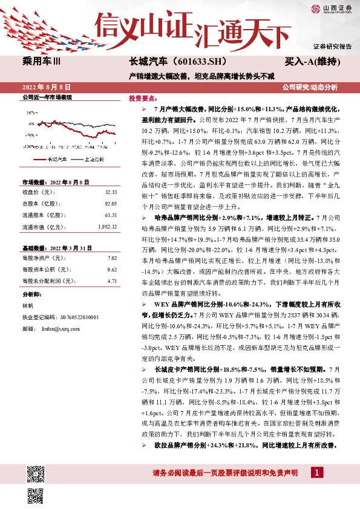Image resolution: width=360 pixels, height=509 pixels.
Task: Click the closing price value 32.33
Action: (111, 192)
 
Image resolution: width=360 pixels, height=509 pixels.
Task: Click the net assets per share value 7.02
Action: (112, 258)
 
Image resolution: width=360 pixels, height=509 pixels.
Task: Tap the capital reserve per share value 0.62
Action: (112, 270)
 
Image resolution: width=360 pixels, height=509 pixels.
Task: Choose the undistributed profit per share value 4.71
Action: (112, 281)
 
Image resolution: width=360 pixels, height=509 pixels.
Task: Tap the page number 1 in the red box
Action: (315, 472)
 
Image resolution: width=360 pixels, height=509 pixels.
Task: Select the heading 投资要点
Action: (143, 98)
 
